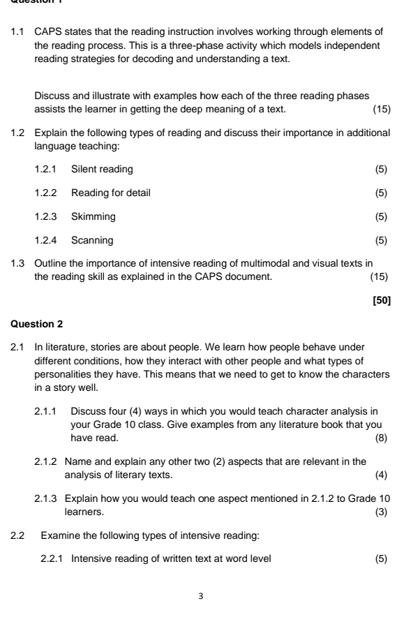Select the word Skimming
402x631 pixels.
pyautogui.click(x=94, y=216)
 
